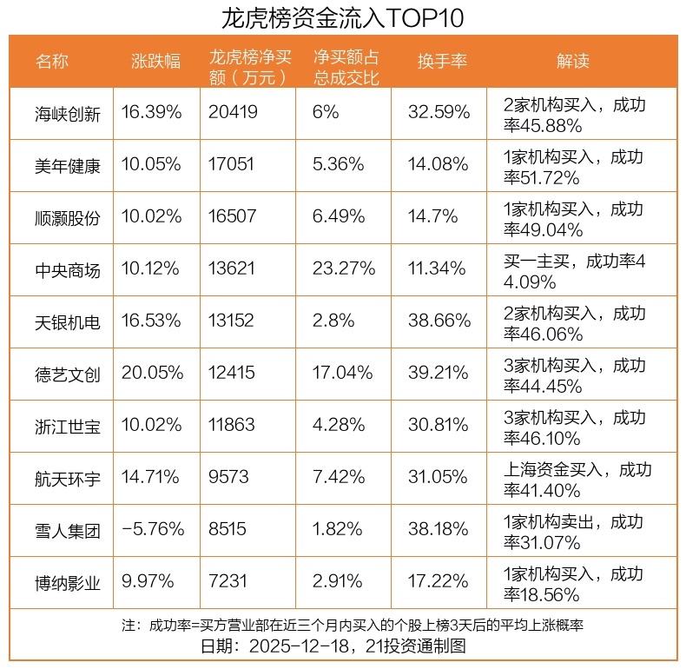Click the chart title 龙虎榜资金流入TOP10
(343, 17)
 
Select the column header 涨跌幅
(156, 61)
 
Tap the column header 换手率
(443, 61)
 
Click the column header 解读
(572, 61)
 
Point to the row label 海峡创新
(68, 113)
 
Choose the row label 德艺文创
(68, 374)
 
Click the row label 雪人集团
(68, 530)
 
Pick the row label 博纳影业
(68, 582)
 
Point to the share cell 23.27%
(343, 269)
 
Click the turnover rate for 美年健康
(439, 164)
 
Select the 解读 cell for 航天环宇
(577, 478)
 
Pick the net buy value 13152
(232, 321)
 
